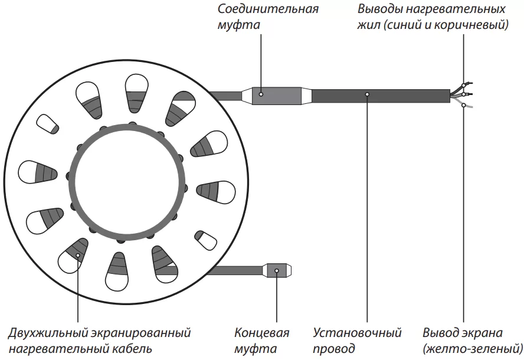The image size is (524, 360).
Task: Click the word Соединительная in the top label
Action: [268, 9]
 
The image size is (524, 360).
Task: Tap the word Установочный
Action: [357, 333]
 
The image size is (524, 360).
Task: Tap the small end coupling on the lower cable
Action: [276, 270]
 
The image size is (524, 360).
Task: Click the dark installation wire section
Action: [401, 96]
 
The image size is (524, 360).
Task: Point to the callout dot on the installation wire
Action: [367, 94]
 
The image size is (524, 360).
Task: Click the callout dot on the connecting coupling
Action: [260, 93]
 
